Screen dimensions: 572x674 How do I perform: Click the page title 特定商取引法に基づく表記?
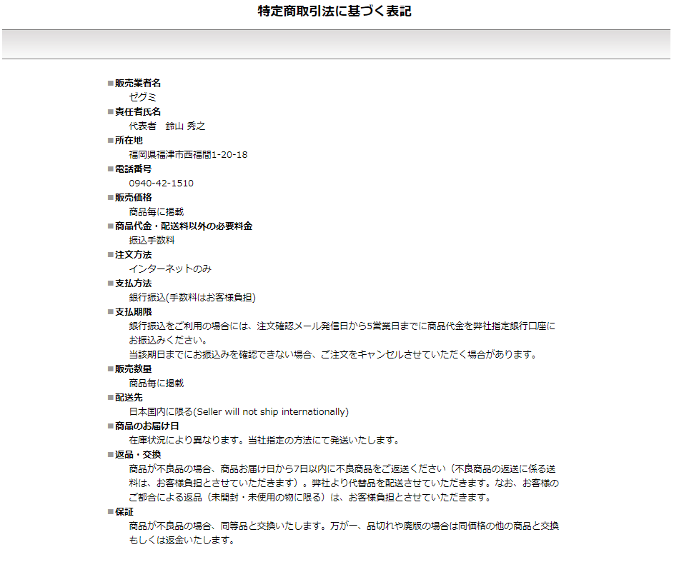click(x=334, y=11)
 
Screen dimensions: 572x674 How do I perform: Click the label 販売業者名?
click(x=138, y=83)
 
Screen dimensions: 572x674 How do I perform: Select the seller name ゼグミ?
click(x=142, y=97)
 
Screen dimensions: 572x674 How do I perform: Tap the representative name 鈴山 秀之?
click(x=185, y=126)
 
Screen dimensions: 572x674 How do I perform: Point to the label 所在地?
click(x=129, y=140)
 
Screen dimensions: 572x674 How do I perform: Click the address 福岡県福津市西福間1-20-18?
click(x=188, y=154)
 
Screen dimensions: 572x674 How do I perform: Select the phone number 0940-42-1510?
click(x=161, y=183)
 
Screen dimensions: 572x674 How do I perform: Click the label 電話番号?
click(x=133, y=169)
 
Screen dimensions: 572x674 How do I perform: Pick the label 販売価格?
click(x=133, y=197)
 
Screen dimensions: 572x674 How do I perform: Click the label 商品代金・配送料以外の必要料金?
click(x=184, y=226)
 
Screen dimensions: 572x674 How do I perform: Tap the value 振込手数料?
click(x=152, y=240)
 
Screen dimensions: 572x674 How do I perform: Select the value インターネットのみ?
click(x=170, y=269)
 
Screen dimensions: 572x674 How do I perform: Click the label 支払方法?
click(x=133, y=283)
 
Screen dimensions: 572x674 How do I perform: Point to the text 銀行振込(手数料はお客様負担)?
click(x=192, y=297)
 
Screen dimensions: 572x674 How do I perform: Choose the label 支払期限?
click(x=133, y=311)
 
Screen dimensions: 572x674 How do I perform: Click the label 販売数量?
click(x=133, y=368)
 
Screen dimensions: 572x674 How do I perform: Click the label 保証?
click(x=124, y=511)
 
